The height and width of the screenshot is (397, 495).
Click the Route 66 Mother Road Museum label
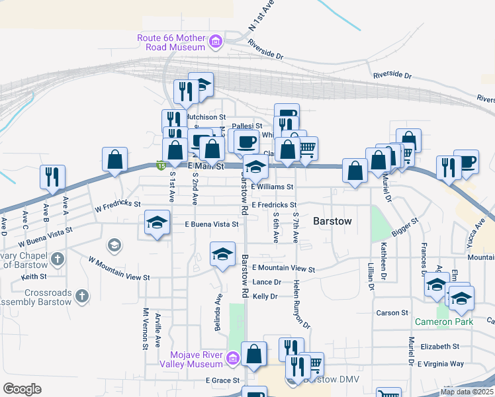point(171,42)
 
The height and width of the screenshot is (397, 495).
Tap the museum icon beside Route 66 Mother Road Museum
point(215,43)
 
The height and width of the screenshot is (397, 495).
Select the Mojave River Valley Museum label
point(192,359)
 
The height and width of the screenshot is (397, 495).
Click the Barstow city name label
point(332,220)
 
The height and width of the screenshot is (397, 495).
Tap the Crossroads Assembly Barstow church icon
point(82,296)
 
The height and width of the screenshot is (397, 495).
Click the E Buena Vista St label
point(206,224)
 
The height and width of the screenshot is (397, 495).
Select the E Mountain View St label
point(283,269)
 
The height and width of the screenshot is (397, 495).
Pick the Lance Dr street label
point(267,282)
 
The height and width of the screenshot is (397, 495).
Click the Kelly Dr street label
point(265,296)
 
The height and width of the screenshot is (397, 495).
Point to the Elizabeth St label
point(439,346)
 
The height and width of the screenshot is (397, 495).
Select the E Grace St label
point(222,380)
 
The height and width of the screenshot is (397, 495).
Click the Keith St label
point(33,276)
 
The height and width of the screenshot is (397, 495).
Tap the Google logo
point(22,388)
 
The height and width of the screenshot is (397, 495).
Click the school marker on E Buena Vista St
point(157,223)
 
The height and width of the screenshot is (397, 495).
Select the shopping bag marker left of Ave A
point(114,160)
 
